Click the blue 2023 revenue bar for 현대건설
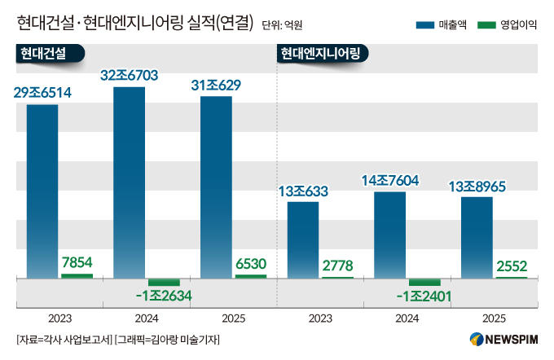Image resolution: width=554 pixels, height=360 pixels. click(42, 191)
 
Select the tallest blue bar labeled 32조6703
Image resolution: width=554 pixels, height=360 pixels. click(129, 182)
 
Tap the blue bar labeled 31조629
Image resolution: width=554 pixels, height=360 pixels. click(216, 187)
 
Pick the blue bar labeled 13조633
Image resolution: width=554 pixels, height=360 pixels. click(303, 240)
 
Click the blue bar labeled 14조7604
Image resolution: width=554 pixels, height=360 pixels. click(389, 235)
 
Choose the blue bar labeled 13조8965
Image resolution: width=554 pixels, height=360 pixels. click(477, 238)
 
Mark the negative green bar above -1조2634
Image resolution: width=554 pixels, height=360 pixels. click(164, 283)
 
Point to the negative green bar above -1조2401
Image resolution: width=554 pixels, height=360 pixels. click(424, 283)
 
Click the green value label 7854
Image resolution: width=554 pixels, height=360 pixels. click(77, 262)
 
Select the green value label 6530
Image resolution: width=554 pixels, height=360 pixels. click(251, 264)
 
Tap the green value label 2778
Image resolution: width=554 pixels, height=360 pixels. click(338, 266)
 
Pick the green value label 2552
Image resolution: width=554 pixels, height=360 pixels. click(512, 266)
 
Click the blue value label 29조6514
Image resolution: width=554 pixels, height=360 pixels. click(42, 93)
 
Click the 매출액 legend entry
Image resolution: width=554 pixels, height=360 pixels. click(442, 24)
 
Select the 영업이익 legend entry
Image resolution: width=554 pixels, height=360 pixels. click(507, 24)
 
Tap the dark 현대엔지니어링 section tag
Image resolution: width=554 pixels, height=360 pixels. click(323, 54)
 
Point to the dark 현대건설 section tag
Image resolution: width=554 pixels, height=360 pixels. click(51, 54)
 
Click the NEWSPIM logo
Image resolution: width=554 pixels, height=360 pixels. click(503, 340)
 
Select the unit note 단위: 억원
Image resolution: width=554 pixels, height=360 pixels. click(282, 25)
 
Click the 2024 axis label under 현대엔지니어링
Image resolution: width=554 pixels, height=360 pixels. click(407, 318)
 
